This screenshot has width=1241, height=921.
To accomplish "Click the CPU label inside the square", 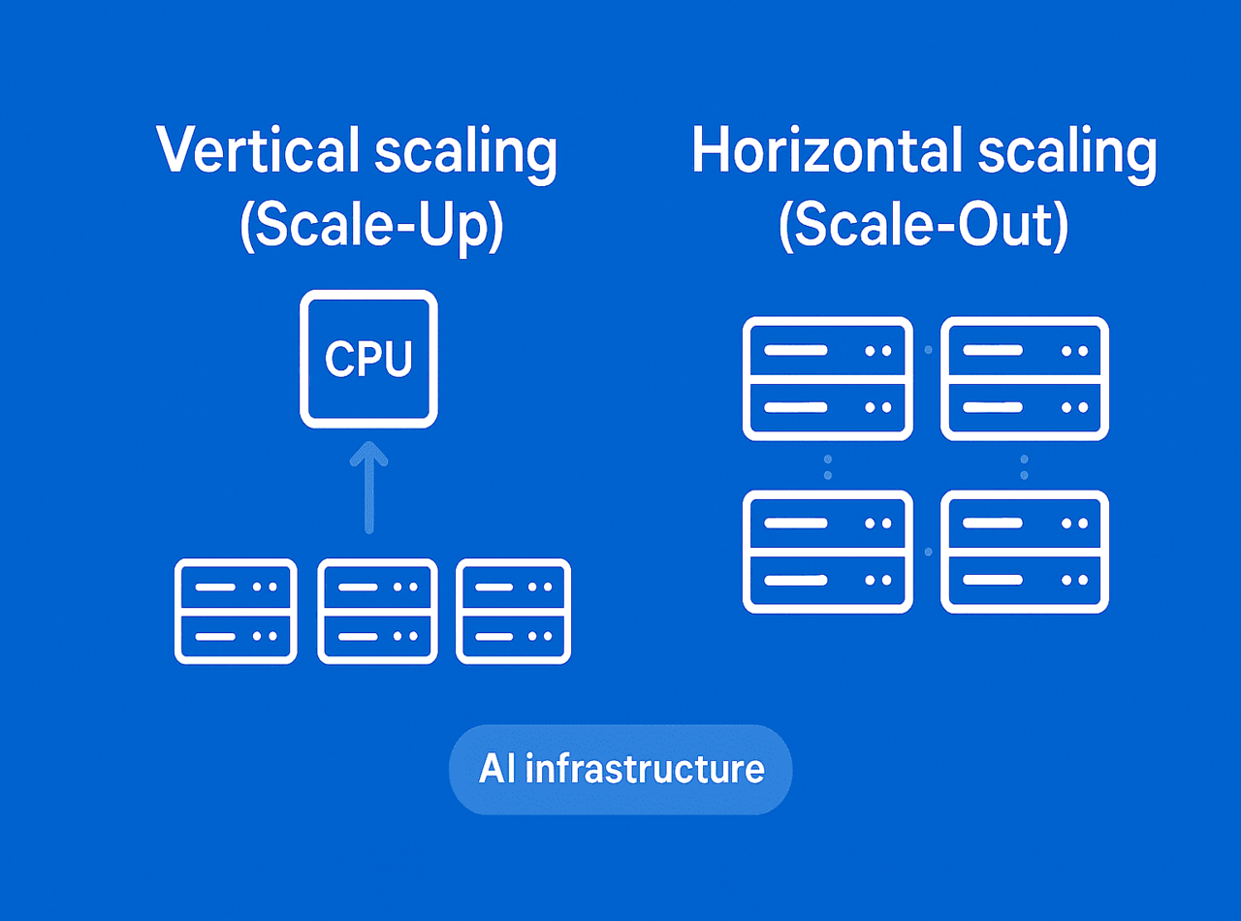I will [x=368, y=359].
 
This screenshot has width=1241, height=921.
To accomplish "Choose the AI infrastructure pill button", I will [x=620, y=769].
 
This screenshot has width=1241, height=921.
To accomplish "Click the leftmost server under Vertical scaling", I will [x=236, y=611].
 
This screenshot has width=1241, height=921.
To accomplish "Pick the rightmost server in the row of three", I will [x=514, y=611].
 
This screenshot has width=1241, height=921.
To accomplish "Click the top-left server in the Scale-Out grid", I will [x=827, y=379].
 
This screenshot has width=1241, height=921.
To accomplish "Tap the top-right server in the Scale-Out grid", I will [x=1025, y=379].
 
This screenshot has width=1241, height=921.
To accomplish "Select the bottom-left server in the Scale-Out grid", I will [x=827, y=552].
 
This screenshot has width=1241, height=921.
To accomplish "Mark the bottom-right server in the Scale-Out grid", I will [x=1025, y=552].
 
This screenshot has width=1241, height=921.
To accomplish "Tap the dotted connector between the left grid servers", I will [x=827, y=465].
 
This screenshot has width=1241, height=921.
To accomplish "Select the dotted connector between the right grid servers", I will [x=1025, y=465].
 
